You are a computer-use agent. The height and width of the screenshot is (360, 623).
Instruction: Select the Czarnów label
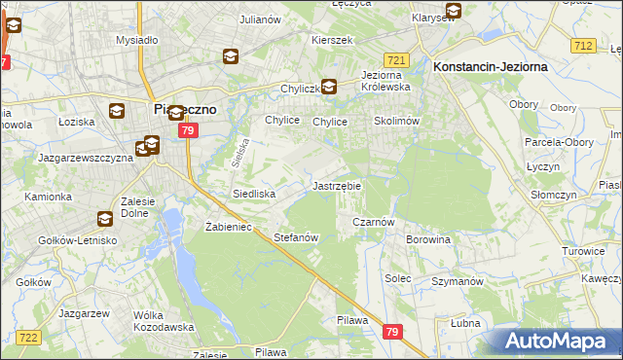(x=372, y=222)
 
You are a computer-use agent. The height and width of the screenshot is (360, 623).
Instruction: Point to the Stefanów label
(x=297, y=237)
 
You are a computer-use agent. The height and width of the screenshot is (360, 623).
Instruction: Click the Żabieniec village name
(x=229, y=226)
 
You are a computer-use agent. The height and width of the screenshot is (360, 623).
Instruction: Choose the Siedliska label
(x=254, y=194)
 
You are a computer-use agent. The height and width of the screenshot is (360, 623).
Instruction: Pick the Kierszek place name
(x=331, y=40)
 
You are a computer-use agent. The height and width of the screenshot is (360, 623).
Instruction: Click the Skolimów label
(x=396, y=121)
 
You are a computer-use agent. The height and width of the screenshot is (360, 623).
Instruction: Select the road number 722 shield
(x=28, y=337)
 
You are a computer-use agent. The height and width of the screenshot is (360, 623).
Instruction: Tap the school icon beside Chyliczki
(x=329, y=87)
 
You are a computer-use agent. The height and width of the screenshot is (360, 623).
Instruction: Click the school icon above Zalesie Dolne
(x=105, y=221)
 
